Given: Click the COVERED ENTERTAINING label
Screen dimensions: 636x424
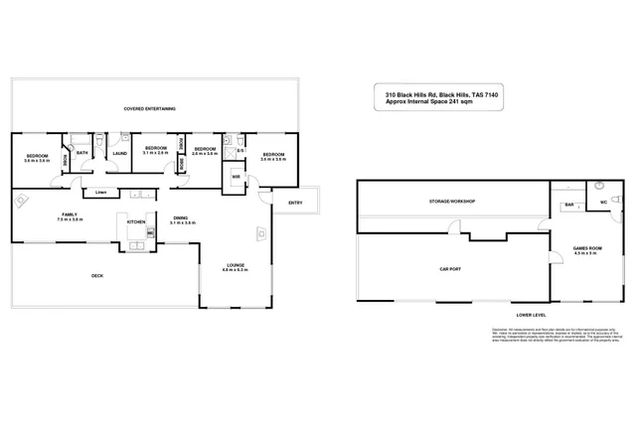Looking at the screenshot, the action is click(x=150, y=107).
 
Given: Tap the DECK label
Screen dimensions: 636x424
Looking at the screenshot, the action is click(x=97, y=275).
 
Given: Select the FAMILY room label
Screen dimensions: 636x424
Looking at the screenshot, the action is click(x=70, y=214).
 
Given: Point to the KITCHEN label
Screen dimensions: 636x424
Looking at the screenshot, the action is click(x=135, y=221).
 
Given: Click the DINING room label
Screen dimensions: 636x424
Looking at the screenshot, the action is click(x=181, y=218).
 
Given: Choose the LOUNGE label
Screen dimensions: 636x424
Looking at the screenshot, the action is click(x=235, y=265).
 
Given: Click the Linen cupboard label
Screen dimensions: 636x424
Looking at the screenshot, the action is click(x=101, y=192).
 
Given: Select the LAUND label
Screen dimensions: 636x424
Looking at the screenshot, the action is click(x=119, y=154).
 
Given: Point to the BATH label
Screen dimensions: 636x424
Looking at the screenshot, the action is click(x=81, y=152).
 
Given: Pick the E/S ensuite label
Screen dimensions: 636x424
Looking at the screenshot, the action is click(x=240, y=151).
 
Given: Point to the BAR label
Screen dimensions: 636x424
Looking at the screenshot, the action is click(x=569, y=206).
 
